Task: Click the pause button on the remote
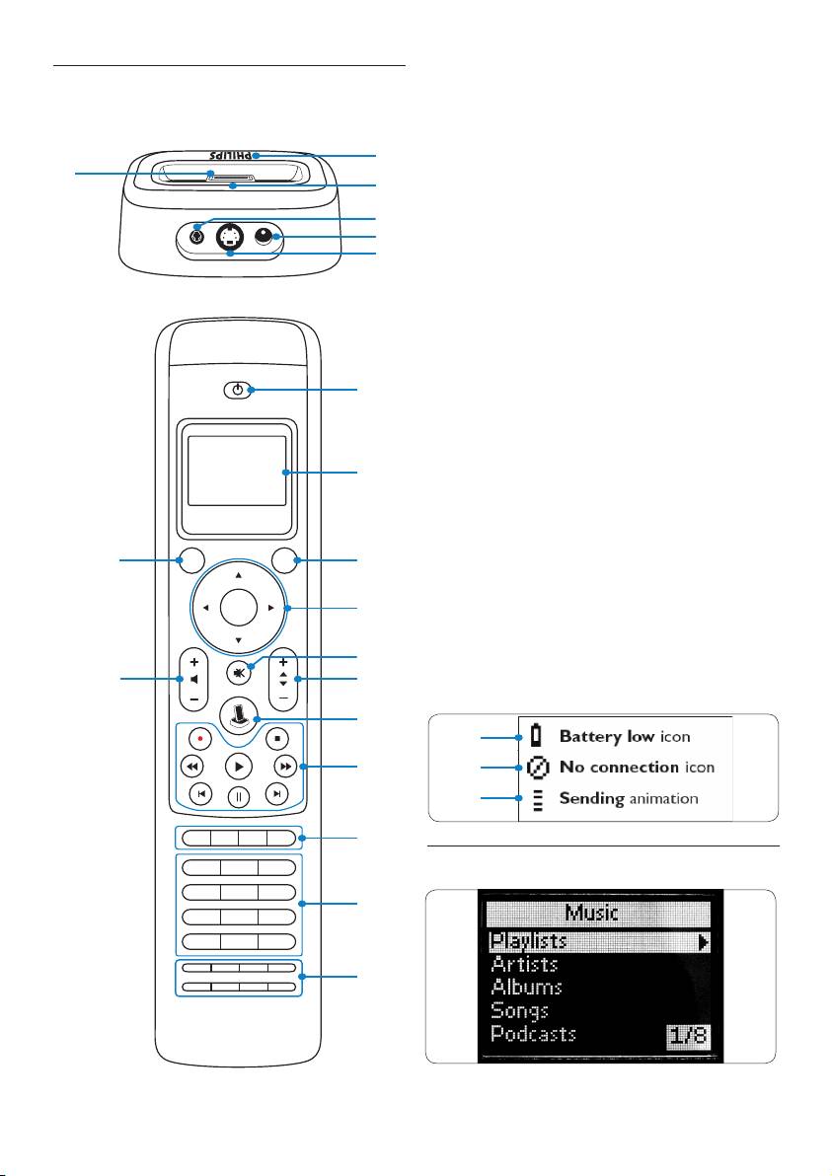click(x=239, y=796)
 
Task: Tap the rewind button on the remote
click(x=192, y=766)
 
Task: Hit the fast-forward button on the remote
click(x=284, y=766)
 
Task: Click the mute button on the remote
click(x=239, y=673)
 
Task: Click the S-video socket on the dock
click(x=230, y=237)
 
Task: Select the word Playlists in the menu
click(x=529, y=942)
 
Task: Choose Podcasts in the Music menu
click(x=533, y=1035)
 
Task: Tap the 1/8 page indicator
click(x=689, y=1037)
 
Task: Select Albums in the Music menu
click(x=526, y=988)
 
